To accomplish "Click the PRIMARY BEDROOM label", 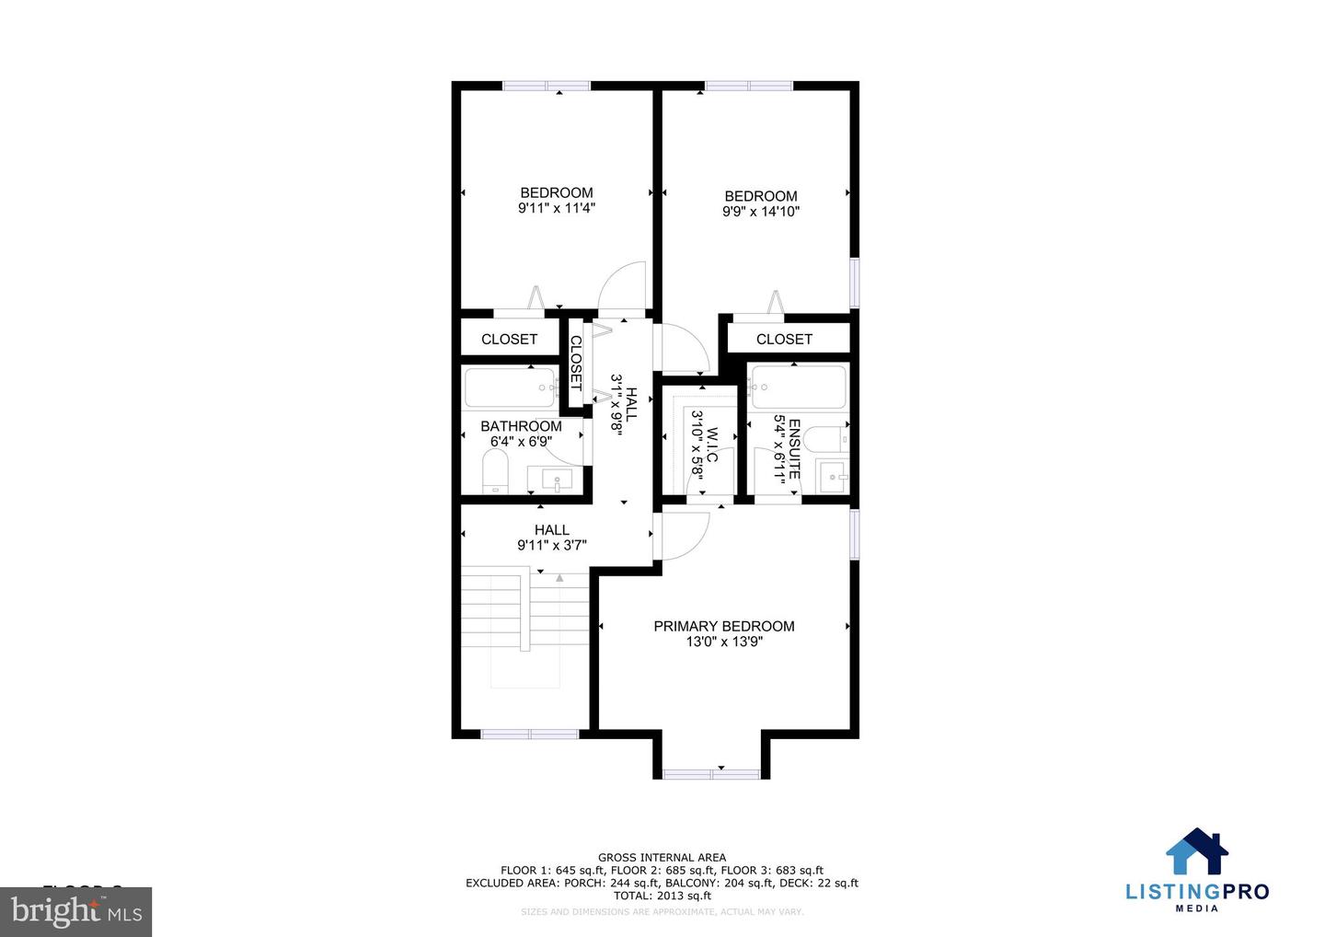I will pos(724,626).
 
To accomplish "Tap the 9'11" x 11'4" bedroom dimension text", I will pos(557,208).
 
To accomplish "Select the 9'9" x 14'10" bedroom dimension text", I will pos(761,212).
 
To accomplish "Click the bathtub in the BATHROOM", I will pos(510,388).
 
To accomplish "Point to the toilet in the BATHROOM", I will pos(495,475).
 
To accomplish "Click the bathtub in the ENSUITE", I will pos(798,388).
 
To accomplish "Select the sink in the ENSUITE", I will pos(835,475).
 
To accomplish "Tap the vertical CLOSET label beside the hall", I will pos(576,362).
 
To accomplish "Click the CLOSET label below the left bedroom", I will pos(509,339).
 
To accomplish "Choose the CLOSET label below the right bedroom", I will pos(784,339).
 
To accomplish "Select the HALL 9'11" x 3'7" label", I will pos(552,537).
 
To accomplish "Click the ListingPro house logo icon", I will pos(1197,851).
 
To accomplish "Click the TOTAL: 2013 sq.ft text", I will pos(662,896).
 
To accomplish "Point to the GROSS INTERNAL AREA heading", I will pos(662,857).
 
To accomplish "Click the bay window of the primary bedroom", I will pos(711,773).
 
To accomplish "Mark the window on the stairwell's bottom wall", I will pos(530,734).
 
